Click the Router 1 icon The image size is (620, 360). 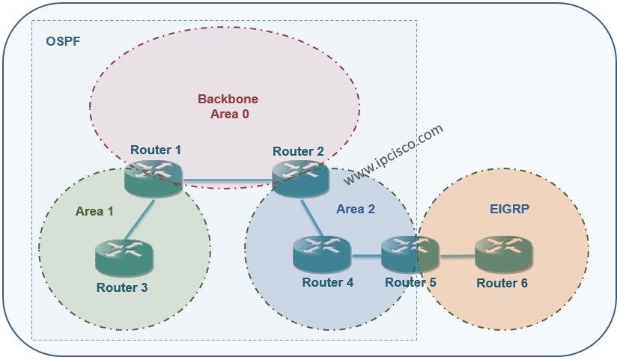coord(154,177)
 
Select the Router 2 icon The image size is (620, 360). coord(300,177)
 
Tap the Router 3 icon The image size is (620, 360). coord(124,257)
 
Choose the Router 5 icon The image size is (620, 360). coord(410,254)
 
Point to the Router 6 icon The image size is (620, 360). coord(503,254)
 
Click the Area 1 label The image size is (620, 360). coord(94,211)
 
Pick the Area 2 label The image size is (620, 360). coord(356,209)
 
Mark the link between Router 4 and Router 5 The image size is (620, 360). coord(366,257)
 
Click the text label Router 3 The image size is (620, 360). coord(122,287)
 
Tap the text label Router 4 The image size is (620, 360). coord(328,282)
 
